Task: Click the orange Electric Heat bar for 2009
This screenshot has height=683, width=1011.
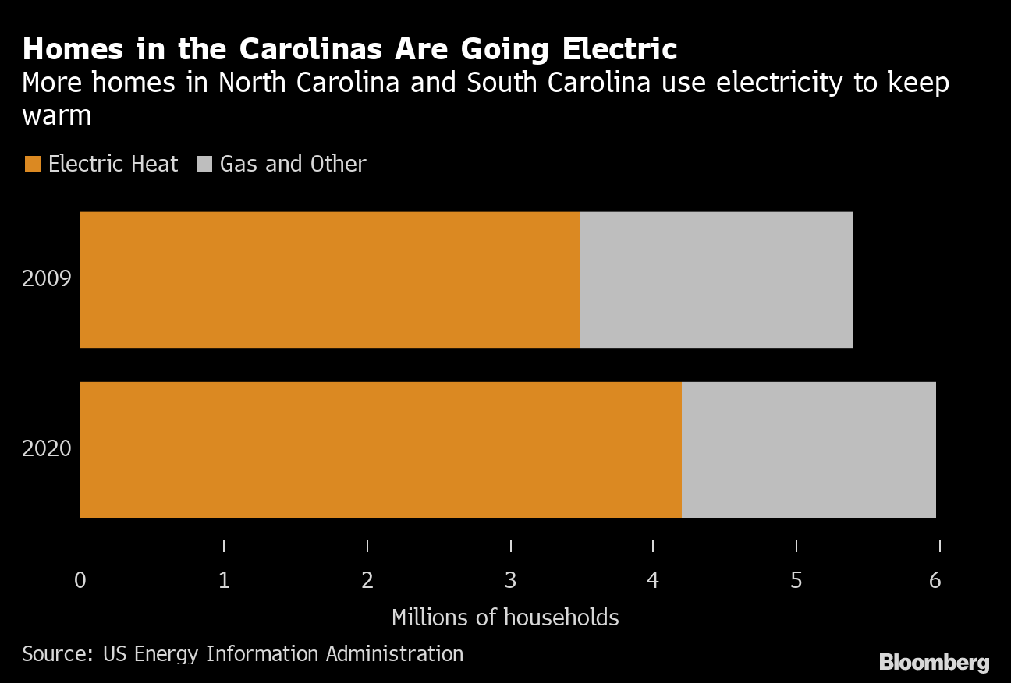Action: [329, 279]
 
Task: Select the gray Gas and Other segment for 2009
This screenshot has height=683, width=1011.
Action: [716, 279]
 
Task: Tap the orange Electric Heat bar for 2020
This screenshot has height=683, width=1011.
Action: [380, 449]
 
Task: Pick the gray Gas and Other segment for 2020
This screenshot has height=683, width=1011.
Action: [808, 449]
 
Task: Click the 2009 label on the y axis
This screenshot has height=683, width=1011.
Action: [47, 279]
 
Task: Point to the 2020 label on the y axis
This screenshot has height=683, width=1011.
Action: [47, 449]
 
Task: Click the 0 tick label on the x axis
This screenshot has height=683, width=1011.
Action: [80, 581]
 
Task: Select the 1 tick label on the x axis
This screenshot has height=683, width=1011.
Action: [224, 581]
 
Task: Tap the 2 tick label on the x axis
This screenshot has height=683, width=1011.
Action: [367, 581]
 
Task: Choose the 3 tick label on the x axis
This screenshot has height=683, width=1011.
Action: [510, 581]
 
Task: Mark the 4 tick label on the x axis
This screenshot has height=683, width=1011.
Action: [653, 581]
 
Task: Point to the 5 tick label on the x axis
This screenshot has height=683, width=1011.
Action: [796, 581]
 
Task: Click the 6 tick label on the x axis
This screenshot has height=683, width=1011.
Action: [935, 581]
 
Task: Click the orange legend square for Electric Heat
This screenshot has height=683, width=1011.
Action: [32, 165]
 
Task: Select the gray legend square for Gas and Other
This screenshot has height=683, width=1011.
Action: [204, 165]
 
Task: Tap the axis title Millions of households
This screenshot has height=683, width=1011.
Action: [505, 618]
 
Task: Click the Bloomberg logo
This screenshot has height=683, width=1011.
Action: [934, 663]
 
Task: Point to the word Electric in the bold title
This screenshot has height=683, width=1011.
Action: [618, 49]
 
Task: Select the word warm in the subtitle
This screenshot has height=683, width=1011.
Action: [57, 116]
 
